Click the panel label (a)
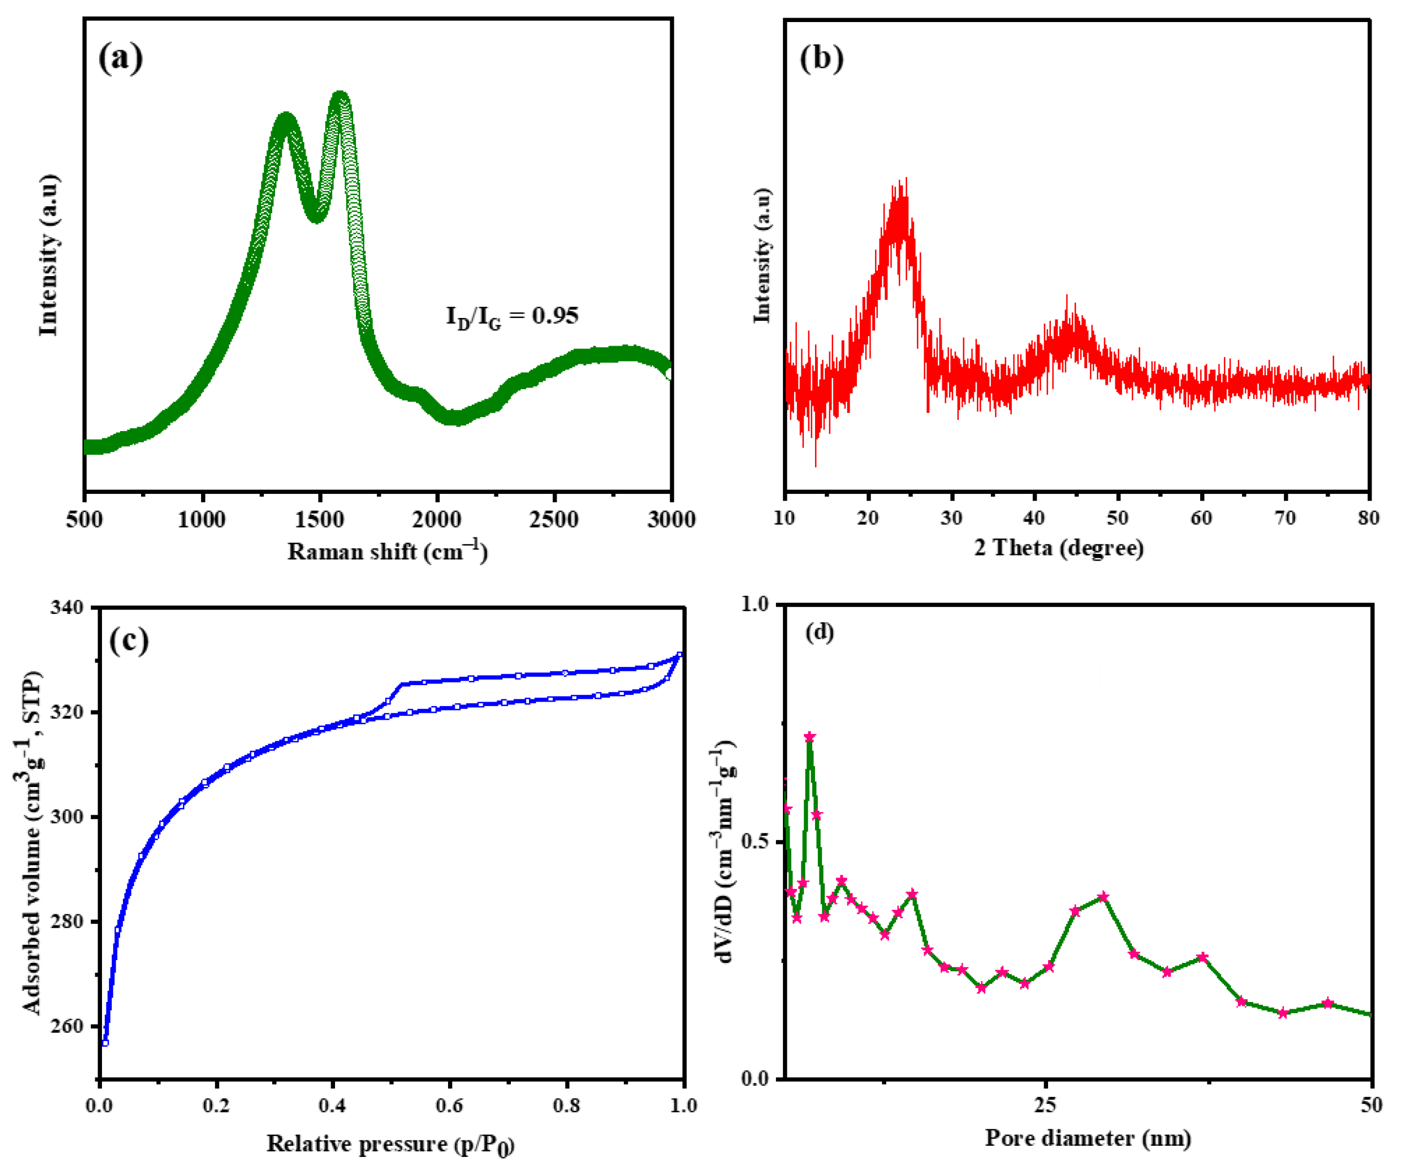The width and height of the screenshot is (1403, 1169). pyautogui.click(x=120, y=59)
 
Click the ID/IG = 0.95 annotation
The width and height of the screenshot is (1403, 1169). pyautogui.click(x=512, y=316)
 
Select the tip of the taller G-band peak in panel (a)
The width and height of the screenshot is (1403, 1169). pyautogui.click(x=341, y=95)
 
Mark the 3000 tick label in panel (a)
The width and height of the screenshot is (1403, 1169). pyautogui.click(x=671, y=519)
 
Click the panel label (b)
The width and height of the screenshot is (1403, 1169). pyautogui.click(x=821, y=59)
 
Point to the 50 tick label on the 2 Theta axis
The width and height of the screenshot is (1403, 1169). pyautogui.click(x=1118, y=518)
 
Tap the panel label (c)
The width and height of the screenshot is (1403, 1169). pyautogui.click(x=128, y=640)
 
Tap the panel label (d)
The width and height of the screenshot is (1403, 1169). pyautogui.click(x=820, y=632)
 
